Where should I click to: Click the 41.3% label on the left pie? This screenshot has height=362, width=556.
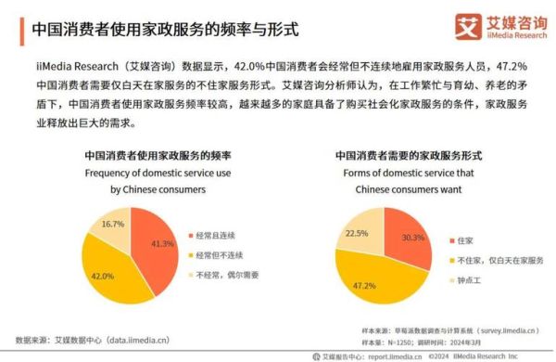[163, 243]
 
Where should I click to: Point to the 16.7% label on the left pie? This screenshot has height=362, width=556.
[113, 225]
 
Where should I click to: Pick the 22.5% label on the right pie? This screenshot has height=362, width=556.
[357, 233]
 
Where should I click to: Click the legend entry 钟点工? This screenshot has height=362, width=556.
[474, 278]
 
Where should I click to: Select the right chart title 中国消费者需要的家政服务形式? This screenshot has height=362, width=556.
[408, 156]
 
